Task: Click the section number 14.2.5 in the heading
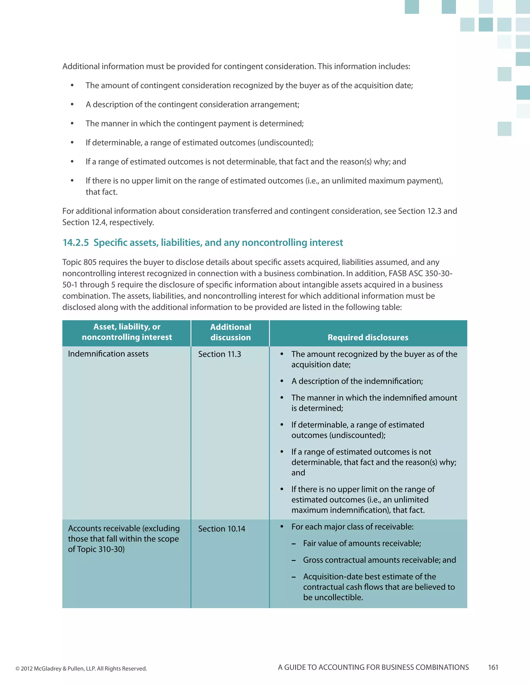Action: (76, 243)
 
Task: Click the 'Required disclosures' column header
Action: (368, 337)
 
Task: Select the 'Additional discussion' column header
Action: (231, 332)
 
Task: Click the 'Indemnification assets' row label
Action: (108, 354)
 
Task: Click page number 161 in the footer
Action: (493, 667)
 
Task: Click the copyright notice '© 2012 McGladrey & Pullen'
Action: (81, 668)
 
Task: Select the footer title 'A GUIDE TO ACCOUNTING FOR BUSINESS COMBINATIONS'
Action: (373, 667)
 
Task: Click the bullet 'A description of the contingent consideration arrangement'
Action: (193, 105)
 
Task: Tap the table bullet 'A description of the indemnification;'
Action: (357, 381)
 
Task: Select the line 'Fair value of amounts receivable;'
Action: (362, 543)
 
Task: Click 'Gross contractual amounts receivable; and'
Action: (379, 560)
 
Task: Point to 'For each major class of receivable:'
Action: (352, 527)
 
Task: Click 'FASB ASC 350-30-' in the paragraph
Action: (420, 274)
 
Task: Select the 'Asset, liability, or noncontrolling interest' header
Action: (127, 332)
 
